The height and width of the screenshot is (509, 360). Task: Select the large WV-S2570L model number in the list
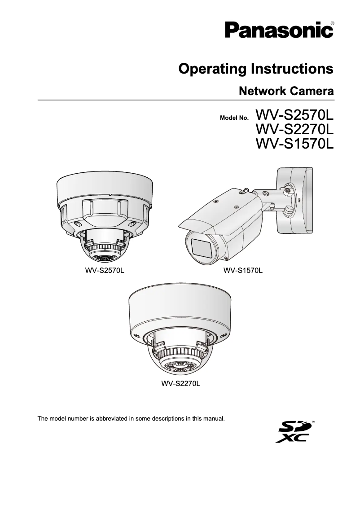coord(294,114)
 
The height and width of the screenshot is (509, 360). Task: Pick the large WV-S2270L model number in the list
coord(294,129)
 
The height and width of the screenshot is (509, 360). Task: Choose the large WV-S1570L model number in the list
coord(294,144)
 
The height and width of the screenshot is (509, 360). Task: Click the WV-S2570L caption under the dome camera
coord(105,271)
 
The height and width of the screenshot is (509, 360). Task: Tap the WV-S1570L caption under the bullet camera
coord(243,271)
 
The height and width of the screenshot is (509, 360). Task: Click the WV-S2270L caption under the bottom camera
coord(180,384)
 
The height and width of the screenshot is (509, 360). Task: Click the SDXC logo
coord(295,431)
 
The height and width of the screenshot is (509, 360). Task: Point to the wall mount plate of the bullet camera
coord(294,200)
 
